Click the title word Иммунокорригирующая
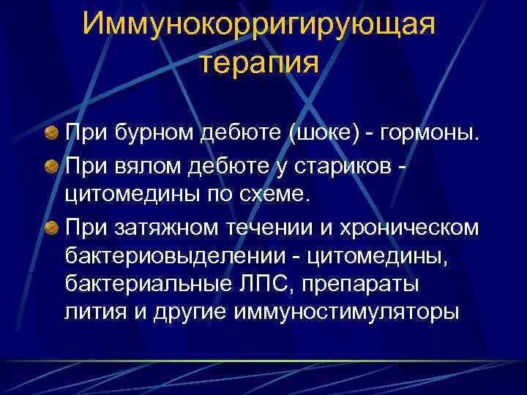click(x=259, y=24)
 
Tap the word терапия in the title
click(x=259, y=63)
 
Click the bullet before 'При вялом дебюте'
click(x=51, y=166)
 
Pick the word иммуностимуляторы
click(x=348, y=313)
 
